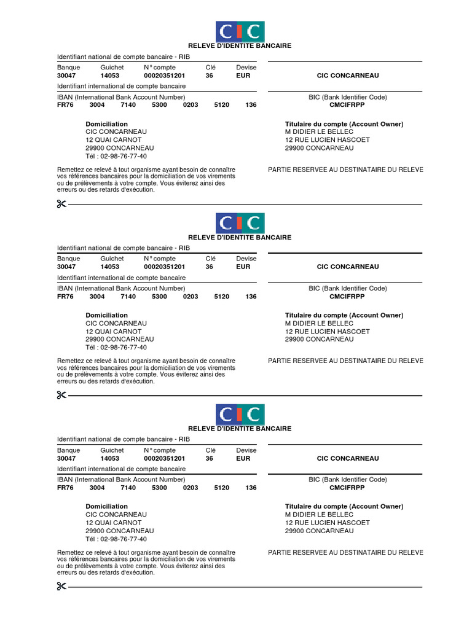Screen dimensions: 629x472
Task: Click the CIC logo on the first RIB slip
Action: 240,31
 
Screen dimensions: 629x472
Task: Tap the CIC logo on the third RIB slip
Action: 240,415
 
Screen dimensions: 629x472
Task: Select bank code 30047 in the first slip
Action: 66,76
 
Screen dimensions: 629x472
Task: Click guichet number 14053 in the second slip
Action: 110,267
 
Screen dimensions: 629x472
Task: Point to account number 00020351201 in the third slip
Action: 164,458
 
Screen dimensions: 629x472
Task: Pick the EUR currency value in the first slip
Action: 243,76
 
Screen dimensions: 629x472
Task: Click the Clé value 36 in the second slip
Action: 210,267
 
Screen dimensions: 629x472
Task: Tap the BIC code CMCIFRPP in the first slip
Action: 347,105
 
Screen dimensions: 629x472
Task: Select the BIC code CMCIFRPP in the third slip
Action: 347,488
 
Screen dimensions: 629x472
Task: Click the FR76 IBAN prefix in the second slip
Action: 65,296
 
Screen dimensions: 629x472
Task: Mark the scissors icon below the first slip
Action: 61,204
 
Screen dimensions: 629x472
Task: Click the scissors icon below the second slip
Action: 61,395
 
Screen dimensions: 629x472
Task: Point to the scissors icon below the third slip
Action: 61,587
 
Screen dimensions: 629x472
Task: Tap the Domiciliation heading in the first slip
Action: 107,124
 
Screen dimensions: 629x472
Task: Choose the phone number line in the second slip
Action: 116,347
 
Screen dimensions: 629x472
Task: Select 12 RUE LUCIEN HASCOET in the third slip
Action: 328,523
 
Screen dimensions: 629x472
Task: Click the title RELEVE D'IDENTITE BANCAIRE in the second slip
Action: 240,237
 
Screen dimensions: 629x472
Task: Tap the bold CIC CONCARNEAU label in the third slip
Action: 348,458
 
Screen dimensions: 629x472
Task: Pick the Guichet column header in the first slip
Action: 112,68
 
